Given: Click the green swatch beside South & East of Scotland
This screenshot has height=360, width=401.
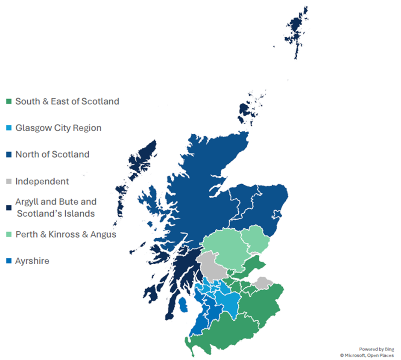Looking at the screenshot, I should (x=9, y=102).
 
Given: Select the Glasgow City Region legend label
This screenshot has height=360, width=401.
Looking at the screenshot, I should (x=58, y=128).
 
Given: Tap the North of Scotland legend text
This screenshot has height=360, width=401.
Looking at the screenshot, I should (x=52, y=154).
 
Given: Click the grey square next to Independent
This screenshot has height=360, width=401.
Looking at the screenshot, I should (x=9, y=182).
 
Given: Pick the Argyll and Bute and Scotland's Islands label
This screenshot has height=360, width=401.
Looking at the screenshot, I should (x=56, y=207).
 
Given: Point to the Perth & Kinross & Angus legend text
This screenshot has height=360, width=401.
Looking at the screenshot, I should (x=65, y=234).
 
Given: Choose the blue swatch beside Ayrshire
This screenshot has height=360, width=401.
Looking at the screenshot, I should (x=9, y=261).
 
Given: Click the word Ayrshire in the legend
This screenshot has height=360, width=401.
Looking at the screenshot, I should (x=32, y=261).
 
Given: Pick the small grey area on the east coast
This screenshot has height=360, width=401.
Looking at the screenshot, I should (x=263, y=283).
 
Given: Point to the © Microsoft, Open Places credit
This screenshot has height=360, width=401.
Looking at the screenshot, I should (x=366, y=355).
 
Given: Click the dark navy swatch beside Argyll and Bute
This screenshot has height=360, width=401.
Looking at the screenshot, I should (x=9, y=208).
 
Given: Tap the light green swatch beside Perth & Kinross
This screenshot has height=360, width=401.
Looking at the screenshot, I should (x=9, y=235).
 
